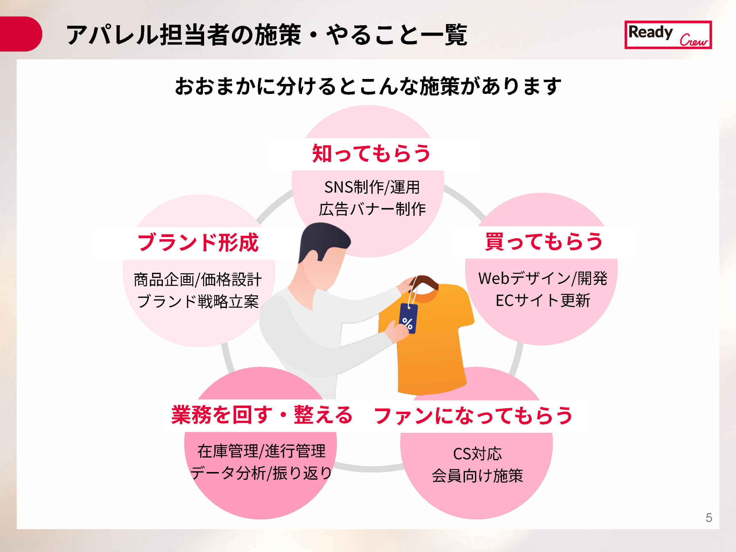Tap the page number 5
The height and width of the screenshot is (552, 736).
coord(709,518)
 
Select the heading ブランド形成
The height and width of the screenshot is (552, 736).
coord(198,242)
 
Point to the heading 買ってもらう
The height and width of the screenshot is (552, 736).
coord(544,241)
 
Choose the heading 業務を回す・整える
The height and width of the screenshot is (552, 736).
coord(262,415)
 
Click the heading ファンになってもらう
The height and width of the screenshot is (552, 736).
coord(473,415)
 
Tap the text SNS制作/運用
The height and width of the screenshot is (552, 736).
coord(372,187)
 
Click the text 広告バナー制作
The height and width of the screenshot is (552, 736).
coord(372,209)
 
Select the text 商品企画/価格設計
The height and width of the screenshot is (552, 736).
coord(198,279)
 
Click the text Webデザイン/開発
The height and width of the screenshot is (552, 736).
coord(543,279)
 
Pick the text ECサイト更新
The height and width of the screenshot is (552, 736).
coord(543,300)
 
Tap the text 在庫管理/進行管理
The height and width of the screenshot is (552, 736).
coord(262,451)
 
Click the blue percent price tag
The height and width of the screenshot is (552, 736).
coord(408,319)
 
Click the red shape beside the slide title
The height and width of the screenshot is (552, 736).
coord(20,34)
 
